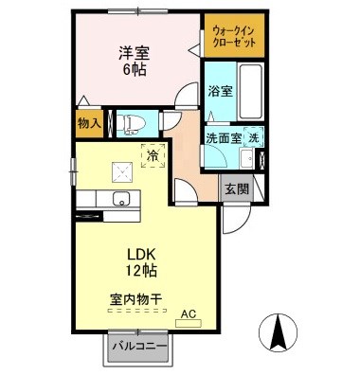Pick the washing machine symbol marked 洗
(x=253, y=136)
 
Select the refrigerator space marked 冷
(x=152, y=155)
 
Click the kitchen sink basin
(x=120, y=200)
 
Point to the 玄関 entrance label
(x=236, y=188)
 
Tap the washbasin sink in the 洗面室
(x=245, y=159)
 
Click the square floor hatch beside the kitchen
(x=121, y=170)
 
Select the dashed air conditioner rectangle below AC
(x=188, y=324)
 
